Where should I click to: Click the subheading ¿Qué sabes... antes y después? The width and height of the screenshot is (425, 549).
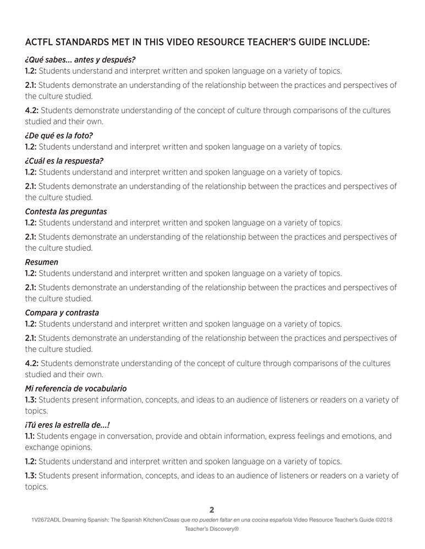(x=80, y=59)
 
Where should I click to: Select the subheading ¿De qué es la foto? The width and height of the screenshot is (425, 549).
(x=59, y=135)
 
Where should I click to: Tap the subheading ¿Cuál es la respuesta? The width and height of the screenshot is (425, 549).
(x=64, y=161)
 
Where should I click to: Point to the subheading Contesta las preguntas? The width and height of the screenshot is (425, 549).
(x=66, y=211)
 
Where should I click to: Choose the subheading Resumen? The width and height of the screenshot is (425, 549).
(x=42, y=262)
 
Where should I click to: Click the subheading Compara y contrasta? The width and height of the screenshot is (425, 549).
(x=62, y=312)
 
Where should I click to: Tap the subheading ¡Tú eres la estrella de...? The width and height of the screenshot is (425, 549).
(x=71, y=424)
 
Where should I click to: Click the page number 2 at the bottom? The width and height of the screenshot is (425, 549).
(x=212, y=509)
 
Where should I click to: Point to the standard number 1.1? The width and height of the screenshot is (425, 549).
(x=30, y=436)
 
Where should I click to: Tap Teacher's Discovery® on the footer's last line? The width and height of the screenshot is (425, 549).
(x=212, y=530)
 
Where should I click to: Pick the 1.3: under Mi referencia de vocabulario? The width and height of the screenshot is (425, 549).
(x=31, y=400)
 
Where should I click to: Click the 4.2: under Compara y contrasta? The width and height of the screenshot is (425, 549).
(x=32, y=363)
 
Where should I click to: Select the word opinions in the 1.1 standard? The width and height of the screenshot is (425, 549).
(x=78, y=447)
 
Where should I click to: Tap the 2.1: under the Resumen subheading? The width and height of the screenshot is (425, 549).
(x=31, y=287)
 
